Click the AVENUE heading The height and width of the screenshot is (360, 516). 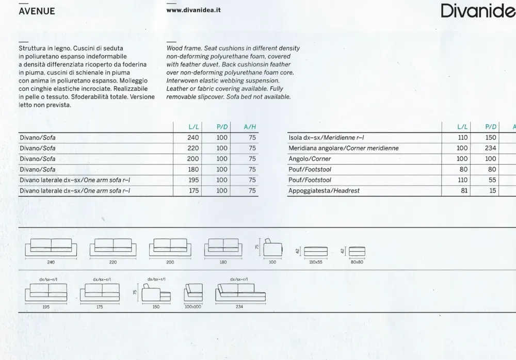(x=37, y=11)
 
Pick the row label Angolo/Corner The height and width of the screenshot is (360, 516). (x=310, y=159)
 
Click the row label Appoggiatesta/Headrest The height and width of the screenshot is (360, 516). (x=324, y=191)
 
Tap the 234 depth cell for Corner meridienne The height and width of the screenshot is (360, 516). (x=490, y=148)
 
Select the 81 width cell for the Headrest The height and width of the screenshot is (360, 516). (x=462, y=191)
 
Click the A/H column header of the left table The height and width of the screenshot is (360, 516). (x=250, y=127)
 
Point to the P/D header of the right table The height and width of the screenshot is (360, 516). (x=490, y=127)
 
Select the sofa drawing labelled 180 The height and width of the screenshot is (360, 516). (x=223, y=248)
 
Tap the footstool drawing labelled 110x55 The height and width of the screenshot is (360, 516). (x=315, y=251)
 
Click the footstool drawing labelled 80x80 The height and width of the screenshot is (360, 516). (x=357, y=251)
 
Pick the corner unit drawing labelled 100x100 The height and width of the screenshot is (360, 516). (x=193, y=294)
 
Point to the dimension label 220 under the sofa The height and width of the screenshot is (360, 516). (x=113, y=262)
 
